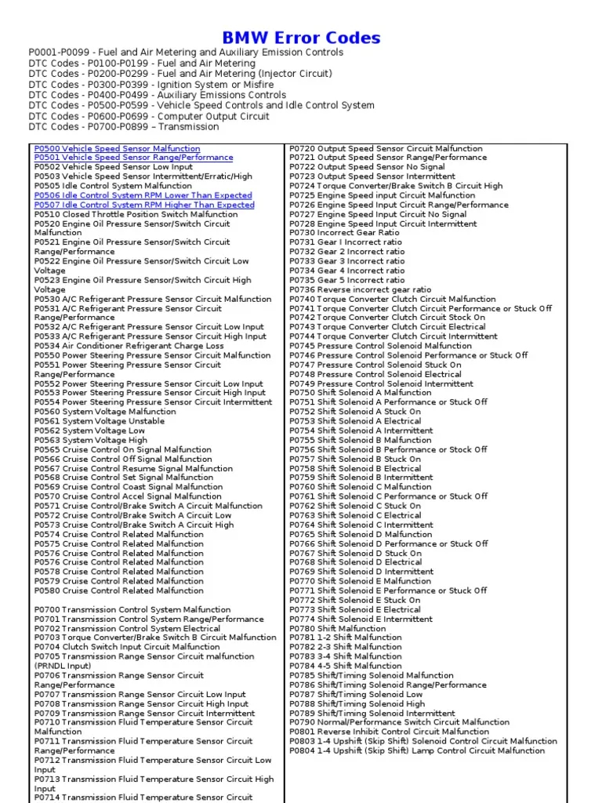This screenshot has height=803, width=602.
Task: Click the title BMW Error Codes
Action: pos(301,38)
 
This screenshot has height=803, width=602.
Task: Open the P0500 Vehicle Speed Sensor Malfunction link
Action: pos(117,148)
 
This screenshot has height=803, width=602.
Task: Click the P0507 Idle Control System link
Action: pos(144,205)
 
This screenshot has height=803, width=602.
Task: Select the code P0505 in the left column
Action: pos(47,186)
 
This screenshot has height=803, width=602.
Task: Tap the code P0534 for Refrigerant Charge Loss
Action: pos(47,346)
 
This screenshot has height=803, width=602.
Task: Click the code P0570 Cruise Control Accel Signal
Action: pos(47,496)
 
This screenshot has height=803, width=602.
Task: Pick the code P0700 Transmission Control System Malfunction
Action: pos(47,609)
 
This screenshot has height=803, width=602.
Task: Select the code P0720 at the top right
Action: pos(302,148)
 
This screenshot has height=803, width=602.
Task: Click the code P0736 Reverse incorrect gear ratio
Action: pos(302,289)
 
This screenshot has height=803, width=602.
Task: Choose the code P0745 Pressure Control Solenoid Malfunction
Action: pos(302,346)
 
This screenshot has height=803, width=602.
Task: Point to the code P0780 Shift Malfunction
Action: pos(302,628)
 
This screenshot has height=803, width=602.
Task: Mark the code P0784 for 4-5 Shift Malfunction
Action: pos(302,666)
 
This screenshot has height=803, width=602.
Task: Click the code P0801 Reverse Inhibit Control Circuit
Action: pos(302,732)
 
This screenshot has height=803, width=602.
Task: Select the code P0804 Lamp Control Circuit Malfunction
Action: pos(302,750)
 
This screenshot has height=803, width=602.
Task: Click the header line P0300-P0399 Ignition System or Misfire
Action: pos(151,84)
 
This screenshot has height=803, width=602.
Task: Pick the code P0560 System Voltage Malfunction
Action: pos(47,412)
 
